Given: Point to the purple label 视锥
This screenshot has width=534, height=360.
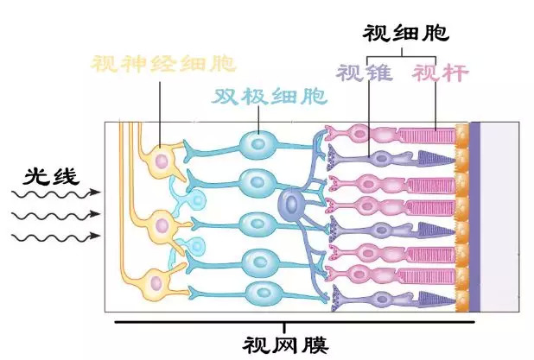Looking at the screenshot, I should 364,73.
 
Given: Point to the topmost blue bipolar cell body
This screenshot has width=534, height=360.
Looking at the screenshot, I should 257,143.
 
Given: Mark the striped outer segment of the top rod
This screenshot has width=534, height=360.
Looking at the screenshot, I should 426,135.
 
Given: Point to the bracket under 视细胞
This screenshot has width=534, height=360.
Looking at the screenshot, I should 402,54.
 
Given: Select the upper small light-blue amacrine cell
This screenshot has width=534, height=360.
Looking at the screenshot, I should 196,200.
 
